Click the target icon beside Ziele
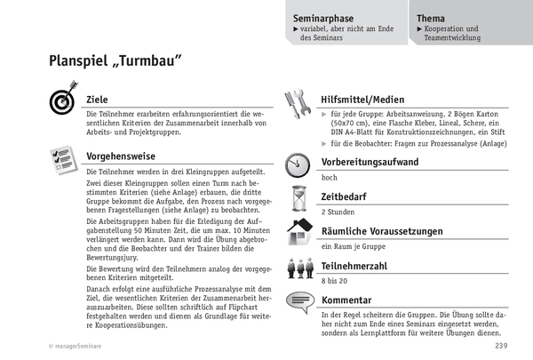[62, 101]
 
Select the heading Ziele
[98, 99]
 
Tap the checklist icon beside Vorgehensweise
[62, 158]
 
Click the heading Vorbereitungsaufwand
[370, 162]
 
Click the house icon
[298, 232]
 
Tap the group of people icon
[298, 266]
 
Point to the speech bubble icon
[298, 303]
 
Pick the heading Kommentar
[346, 300]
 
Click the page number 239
[502, 346]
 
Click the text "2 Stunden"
[338, 212]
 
